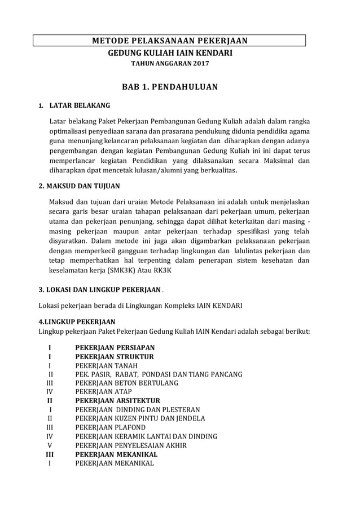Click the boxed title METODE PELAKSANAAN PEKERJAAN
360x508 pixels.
[170, 40]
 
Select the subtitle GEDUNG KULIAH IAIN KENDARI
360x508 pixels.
[170, 52]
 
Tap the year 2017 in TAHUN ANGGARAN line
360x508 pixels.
[200, 63]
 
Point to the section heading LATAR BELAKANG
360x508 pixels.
[80, 105]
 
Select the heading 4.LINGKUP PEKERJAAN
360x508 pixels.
[76, 321]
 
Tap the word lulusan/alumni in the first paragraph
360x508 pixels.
[170, 170]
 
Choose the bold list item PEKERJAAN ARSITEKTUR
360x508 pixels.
[118, 400]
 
